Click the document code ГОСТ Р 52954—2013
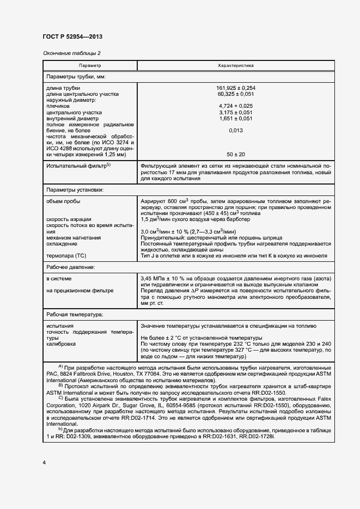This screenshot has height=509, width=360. point(72,36)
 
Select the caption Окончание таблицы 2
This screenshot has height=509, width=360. point(71,53)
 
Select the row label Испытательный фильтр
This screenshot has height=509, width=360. point(78,165)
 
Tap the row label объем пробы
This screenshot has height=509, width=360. point(64,201)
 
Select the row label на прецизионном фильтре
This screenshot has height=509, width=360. point(80,291)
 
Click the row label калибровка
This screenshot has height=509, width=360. point(61,344)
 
